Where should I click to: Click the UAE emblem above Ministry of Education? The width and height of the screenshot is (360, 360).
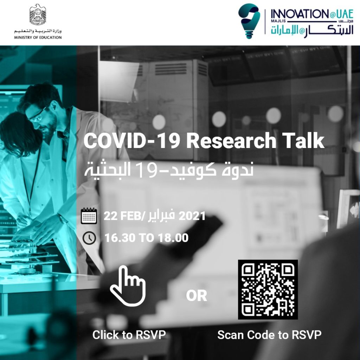(x=38, y=14)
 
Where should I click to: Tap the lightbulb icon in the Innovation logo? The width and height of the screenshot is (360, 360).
(x=249, y=21)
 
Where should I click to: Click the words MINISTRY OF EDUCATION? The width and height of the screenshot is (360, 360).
(x=38, y=37)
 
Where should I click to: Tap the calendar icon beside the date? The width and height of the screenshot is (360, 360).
(x=89, y=216)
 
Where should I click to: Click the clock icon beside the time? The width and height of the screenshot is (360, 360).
(x=89, y=238)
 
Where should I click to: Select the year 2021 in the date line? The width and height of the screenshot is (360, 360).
(x=192, y=216)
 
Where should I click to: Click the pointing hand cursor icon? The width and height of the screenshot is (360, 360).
(x=128, y=286)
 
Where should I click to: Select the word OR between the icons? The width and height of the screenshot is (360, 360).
(x=197, y=296)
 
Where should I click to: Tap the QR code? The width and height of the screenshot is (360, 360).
(x=268, y=290)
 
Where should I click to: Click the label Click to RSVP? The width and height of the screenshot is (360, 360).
(x=129, y=335)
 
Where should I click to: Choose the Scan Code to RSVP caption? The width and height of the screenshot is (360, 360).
(x=269, y=335)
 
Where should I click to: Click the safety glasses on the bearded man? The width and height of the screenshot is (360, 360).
(x=37, y=115)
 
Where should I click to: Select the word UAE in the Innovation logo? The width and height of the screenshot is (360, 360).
(x=345, y=14)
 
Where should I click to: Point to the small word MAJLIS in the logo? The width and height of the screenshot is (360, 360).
(x=278, y=21)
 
